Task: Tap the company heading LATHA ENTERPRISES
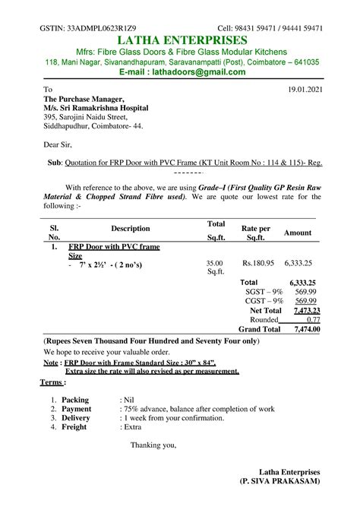pyautogui.click(x=180, y=40)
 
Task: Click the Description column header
pyautogui.click(x=131, y=229)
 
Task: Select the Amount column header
pyautogui.click(x=298, y=233)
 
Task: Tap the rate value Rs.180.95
pyautogui.click(x=255, y=263)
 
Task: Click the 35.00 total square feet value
pyautogui.click(x=216, y=263)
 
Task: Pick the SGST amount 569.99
pyautogui.click(x=306, y=292)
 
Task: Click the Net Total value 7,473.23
pyautogui.click(x=306, y=311)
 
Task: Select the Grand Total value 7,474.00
pyautogui.click(x=306, y=330)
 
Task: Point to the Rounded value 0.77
pyautogui.click(x=312, y=320)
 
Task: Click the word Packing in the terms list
pyautogui.click(x=75, y=399)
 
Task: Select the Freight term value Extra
pyautogui.click(x=134, y=428)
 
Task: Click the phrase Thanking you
pyautogui.click(x=153, y=445)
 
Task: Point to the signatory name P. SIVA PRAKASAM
pyautogui.click(x=280, y=483)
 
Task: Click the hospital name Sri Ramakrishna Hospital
pyautogui.click(x=106, y=109)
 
